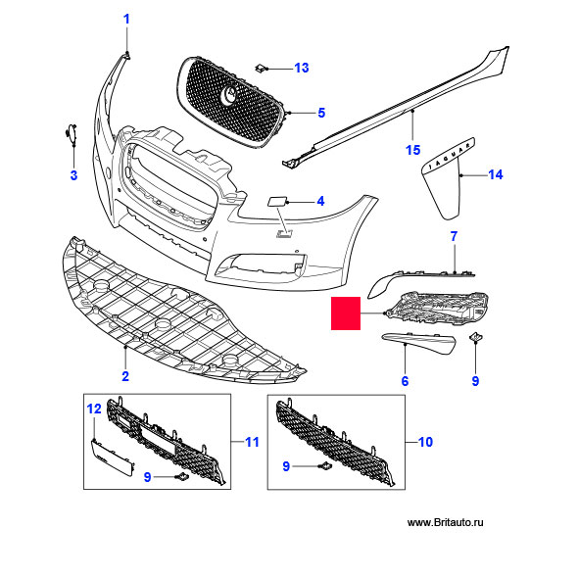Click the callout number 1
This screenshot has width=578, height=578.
(126, 20)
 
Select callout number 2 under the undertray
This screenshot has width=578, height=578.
(125, 376)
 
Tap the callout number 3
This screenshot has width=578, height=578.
(73, 175)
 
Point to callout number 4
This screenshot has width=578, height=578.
(320, 201)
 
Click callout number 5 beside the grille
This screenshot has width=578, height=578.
(321, 113)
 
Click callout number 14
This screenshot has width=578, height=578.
(495, 174)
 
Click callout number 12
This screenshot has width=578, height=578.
(94, 409)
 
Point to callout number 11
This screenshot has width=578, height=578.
(252, 442)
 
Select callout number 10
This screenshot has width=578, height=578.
(425, 442)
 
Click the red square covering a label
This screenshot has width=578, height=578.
(346, 313)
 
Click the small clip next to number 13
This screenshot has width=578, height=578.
(261, 69)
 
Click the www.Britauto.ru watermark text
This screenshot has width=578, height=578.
(446, 522)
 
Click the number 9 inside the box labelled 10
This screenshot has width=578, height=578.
(286, 466)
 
